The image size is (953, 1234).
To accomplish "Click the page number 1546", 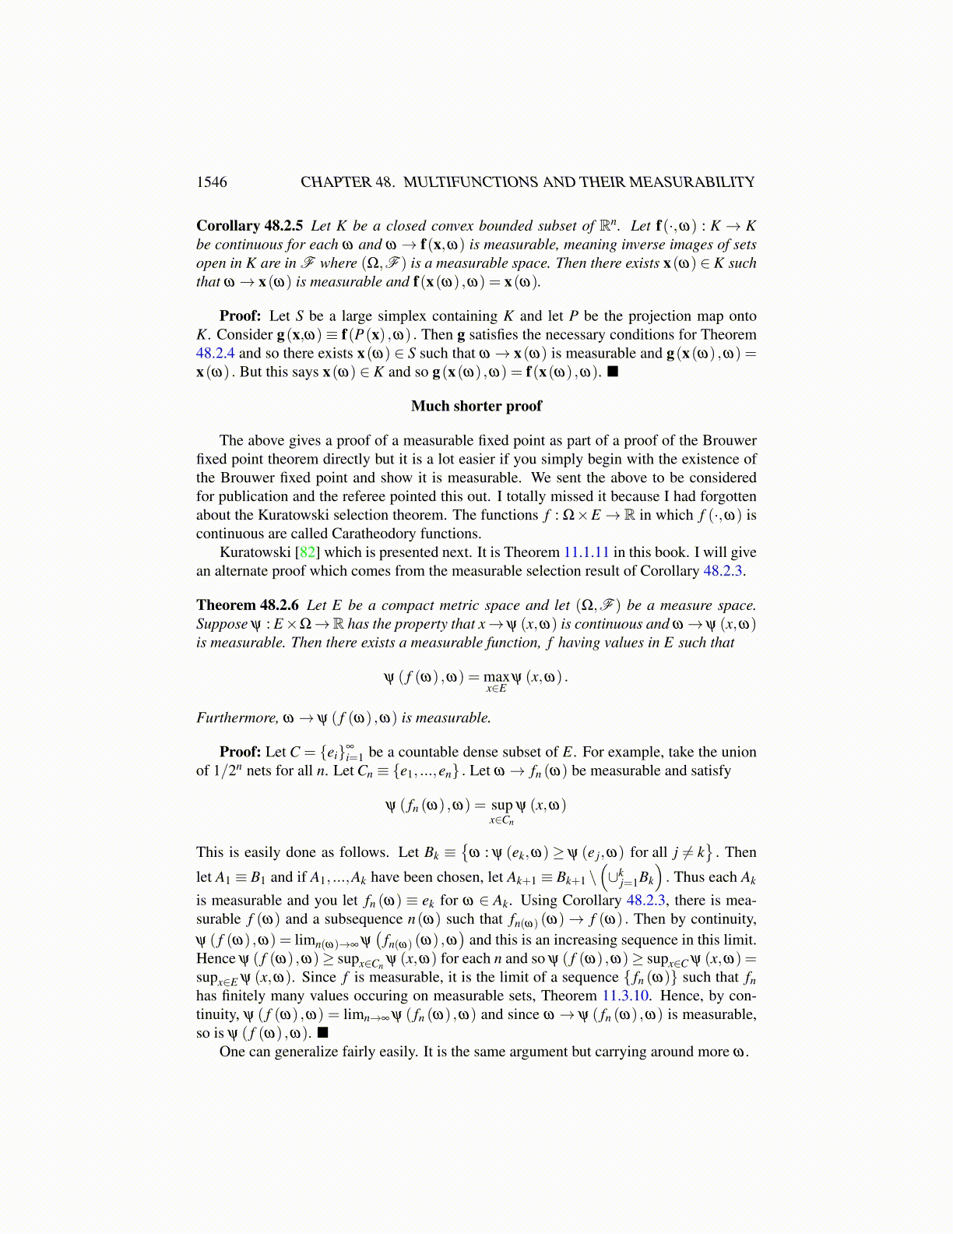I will tap(212, 182).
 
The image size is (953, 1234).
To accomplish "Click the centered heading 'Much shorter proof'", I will tap(476, 406).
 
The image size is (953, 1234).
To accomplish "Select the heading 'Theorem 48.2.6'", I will tap(247, 605).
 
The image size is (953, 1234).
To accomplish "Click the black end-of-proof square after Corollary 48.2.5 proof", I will tap(613, 372).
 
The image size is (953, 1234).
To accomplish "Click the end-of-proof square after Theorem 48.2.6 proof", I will tap(322, 1033).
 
